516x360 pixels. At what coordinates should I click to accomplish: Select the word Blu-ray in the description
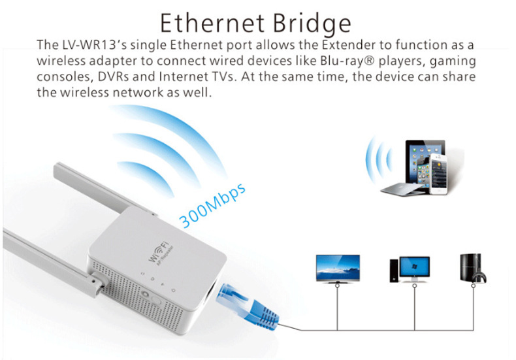pos(342,61)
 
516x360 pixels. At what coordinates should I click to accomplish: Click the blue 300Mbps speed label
pos(212,205)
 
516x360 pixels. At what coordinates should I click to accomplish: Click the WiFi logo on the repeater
pos(161,252)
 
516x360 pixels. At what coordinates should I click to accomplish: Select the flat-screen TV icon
pos(338,269)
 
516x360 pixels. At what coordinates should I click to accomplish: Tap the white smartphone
pos(438,174)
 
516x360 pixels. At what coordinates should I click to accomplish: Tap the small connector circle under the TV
pos(337,286)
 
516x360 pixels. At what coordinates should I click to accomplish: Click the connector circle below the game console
pos(474,286)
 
